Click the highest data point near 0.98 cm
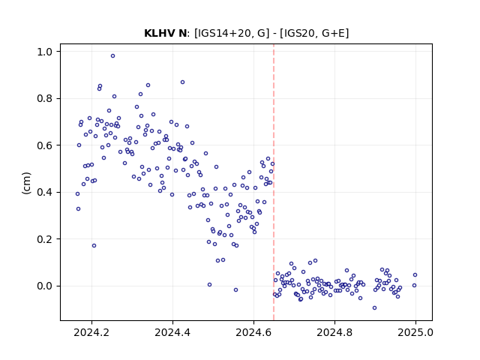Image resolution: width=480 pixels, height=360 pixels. (112, 56)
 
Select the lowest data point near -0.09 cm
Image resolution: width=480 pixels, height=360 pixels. (374, 308)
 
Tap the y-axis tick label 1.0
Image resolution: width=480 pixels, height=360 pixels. (45, 52)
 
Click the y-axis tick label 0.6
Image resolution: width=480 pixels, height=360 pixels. (45, 145)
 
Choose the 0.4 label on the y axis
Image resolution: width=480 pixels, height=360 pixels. (45, 192)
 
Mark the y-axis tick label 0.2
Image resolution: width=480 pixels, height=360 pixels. (45, 239)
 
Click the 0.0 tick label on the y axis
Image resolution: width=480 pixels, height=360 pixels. (45, 286)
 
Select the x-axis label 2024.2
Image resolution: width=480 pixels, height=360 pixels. (91, 332)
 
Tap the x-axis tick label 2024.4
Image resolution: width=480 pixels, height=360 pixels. (172, 332)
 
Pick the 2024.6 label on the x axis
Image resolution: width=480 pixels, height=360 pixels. (253, 332)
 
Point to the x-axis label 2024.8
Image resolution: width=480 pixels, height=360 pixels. (334, 332)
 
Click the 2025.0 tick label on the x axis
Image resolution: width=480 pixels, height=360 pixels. (415, 332)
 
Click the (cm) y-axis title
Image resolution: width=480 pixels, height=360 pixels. (27, 183)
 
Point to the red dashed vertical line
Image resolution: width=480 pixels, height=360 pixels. (274, 182)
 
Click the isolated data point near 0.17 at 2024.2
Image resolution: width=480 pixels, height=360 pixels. (94, 245)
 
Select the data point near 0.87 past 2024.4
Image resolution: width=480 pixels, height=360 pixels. (182, 82)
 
